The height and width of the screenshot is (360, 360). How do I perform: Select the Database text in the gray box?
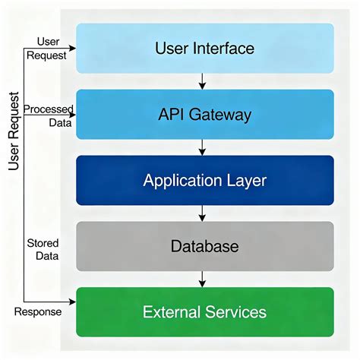point(204,247)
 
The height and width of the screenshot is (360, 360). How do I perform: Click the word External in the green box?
point(174,312)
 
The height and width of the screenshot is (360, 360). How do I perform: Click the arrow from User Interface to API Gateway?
point(203,81)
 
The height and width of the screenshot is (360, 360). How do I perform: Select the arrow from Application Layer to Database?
point(203,213)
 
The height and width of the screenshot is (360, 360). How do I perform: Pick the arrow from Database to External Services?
point(203,279)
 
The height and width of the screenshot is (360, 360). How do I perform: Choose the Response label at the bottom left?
point(39,311)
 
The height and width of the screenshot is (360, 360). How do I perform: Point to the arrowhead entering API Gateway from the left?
point(72,115)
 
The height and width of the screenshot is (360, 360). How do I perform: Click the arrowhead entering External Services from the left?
point(72,299)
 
